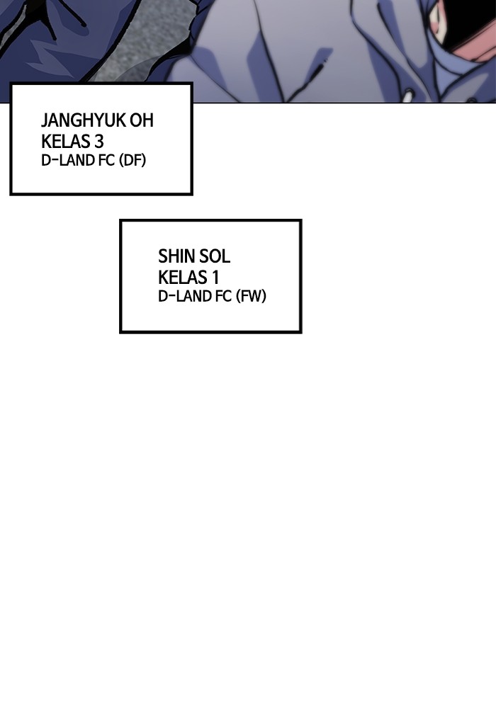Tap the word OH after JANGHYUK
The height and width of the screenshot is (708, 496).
pyautogui.click(x=142, y=120)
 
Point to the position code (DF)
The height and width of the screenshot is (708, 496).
pyautogui.click(x=133, y=161)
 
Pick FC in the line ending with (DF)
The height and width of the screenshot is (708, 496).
pyautogui.click(x=107, y=161)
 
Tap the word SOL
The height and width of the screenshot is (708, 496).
pyautogui.click(x=215, y=256)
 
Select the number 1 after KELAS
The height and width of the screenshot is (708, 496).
pyautogui.click(x=214, y=277)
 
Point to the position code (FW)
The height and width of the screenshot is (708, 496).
pyautogui.click(x=252, y=297)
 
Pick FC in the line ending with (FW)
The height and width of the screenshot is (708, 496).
pyautogui.click(x=224, y=297)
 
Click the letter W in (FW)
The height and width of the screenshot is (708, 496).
pyautogui.click(x=255, y=297)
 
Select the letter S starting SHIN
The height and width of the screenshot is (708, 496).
pyautogui.click(x=162, y=256)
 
